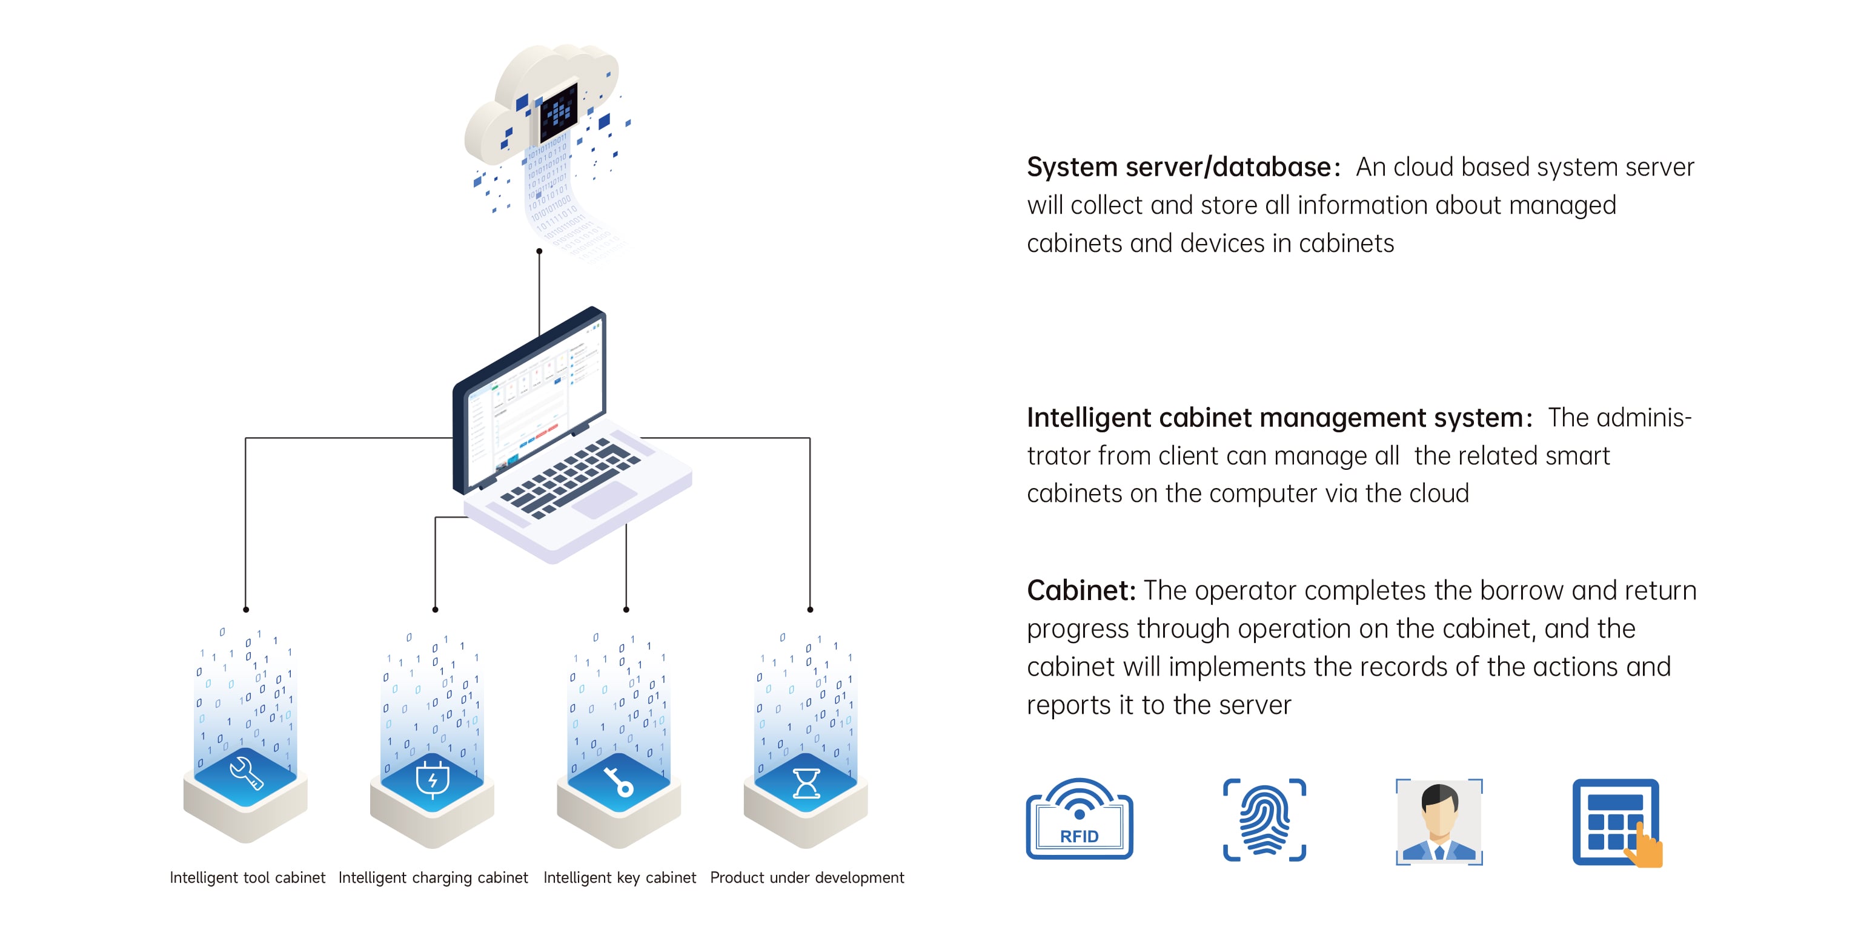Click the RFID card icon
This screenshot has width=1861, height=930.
tap(1080, 820)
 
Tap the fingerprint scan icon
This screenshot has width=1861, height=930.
tap(1264, 820)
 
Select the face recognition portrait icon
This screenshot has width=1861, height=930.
tap(1439, 822)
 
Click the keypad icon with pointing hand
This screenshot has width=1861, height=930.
tap(1617, 822)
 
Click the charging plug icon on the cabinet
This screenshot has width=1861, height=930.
tap(432, 779)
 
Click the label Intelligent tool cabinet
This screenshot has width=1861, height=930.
tap(247, 878)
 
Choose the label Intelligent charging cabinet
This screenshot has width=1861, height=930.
tap(433, 878)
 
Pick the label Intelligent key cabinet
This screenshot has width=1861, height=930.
tap(619, 878)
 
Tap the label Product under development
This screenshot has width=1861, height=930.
tap(806, 878)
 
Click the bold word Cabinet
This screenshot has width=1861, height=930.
tap(1080, 591)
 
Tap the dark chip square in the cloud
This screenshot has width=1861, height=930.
tap(559, 113)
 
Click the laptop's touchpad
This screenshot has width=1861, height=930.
tap(604, 500)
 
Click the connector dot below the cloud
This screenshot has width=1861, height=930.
tap(539, 251)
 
